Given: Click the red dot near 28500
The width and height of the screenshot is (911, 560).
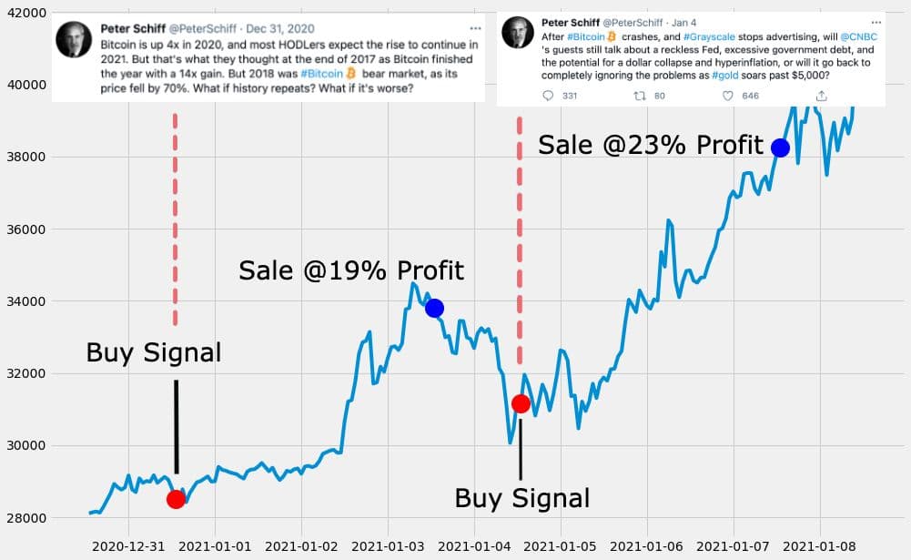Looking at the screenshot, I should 176,499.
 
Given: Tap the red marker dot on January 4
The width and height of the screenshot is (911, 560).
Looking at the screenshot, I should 521,403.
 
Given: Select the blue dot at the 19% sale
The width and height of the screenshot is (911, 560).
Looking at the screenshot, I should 434,308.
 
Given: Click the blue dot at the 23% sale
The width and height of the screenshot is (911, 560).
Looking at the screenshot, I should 780,148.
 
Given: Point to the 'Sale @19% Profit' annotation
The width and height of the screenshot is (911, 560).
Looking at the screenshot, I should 351,270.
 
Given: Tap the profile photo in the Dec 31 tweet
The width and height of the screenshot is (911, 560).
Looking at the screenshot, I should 73,39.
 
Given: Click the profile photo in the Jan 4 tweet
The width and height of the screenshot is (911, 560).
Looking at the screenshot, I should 517,35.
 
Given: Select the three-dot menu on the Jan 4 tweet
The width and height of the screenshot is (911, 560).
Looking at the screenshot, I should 876,21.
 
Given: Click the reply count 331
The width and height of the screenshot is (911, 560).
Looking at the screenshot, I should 570,96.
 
